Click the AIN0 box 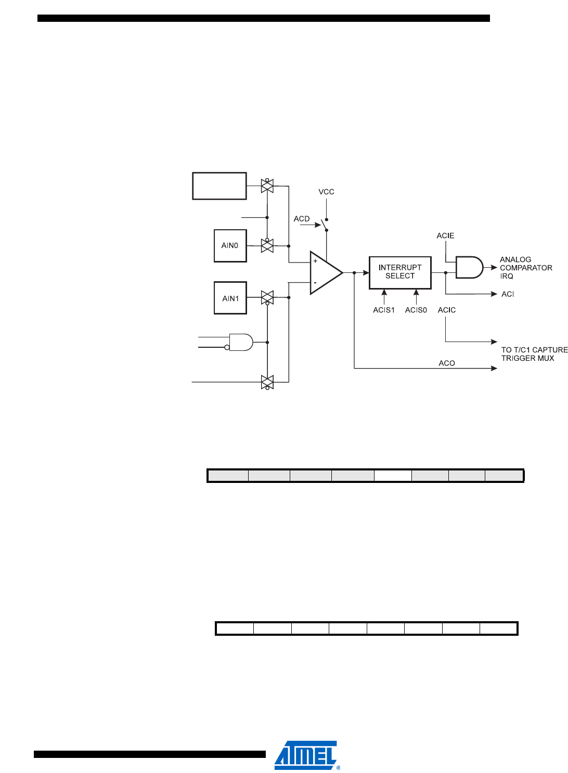point(230,246)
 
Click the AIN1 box point(230,298)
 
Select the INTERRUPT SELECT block point(400,272)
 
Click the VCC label point(326,192)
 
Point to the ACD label point(302,219)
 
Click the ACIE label point(445,236)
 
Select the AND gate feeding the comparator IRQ point(469,267)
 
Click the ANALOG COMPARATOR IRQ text point(525,268)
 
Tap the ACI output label point(508,294)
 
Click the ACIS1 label point(384,310)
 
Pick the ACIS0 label point(416,310)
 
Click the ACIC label point(447,310)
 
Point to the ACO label point(447,363)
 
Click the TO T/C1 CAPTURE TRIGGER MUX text point(534,354)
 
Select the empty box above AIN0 point(219,186)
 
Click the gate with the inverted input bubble point(240,343)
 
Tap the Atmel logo point(306,755)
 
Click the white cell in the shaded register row point(393,476)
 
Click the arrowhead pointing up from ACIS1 point(384,293)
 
